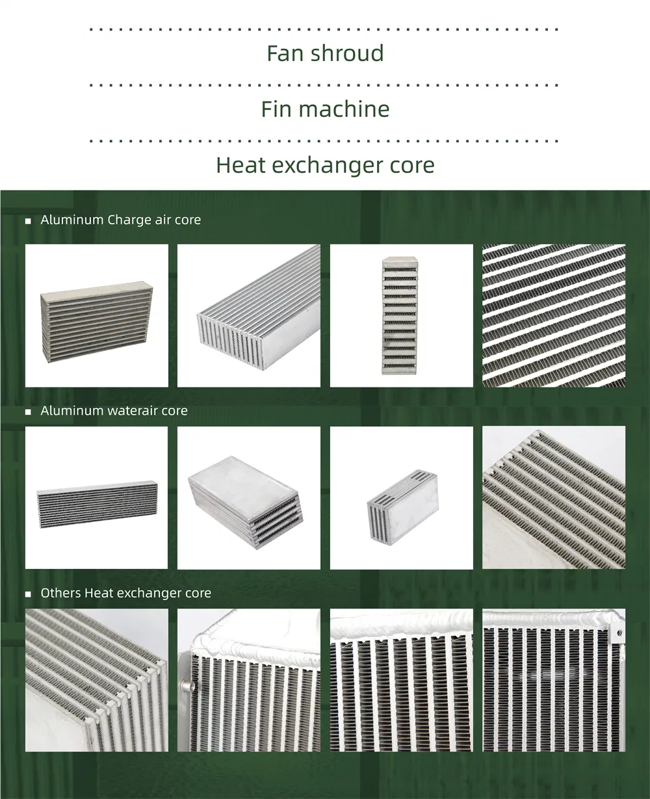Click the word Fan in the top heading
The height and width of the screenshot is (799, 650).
[285, 53]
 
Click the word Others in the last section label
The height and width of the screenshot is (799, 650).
[60, 593]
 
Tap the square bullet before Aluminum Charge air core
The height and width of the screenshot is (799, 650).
[28, 221]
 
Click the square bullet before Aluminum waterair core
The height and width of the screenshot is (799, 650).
[28, 412]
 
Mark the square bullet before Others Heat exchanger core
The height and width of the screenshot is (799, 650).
[28, 594]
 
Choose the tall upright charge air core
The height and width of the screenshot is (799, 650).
[399, 315]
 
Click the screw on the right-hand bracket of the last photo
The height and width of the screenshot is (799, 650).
[618, 632]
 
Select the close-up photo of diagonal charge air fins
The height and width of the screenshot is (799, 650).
[554, 316]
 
